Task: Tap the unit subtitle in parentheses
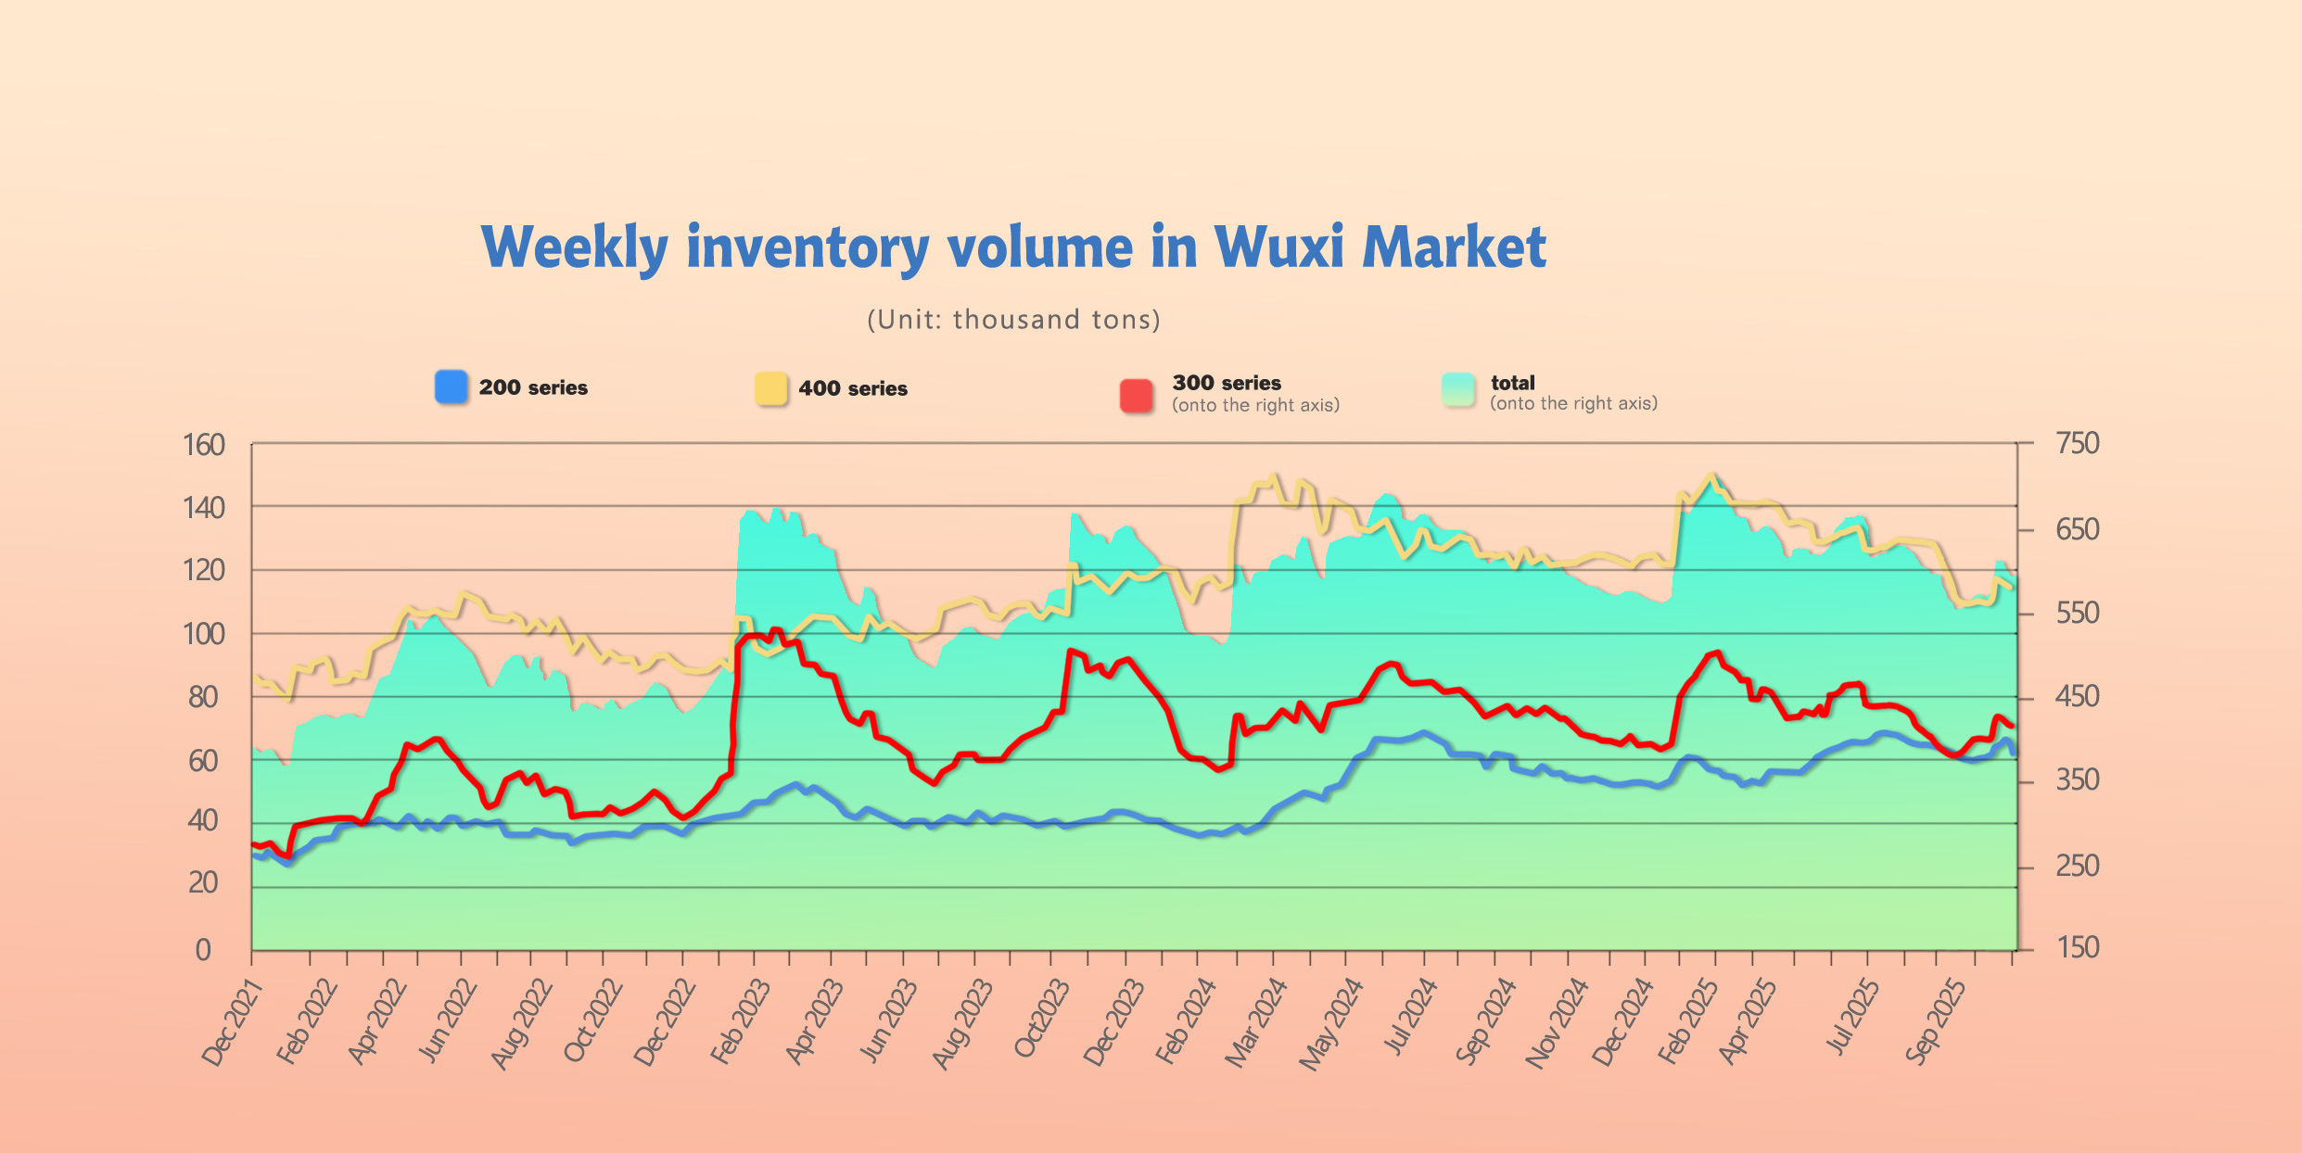[1013, 320]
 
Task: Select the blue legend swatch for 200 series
[451, 386]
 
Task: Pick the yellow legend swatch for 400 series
[770, 388]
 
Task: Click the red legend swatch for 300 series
[1136, 395]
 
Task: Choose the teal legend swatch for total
[1457, 389]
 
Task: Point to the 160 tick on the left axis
[204, 446]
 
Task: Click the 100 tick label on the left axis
[204, 635]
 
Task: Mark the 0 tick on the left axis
[203, 950]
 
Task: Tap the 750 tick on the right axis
[2077, 444]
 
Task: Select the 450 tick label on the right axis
[2077, 697]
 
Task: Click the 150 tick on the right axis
[2077, 948]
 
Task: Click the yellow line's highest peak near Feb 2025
[1711, 475]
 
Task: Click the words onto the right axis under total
[1573, 404]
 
